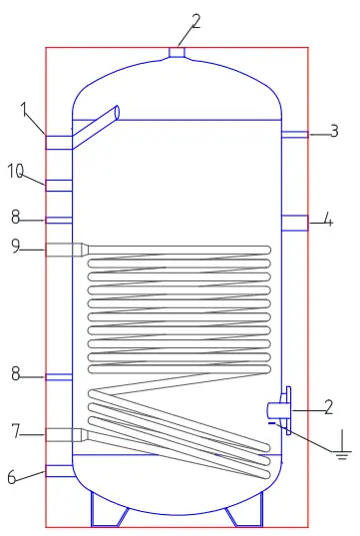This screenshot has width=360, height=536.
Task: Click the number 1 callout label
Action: pyautogui.click(x=24, y=110)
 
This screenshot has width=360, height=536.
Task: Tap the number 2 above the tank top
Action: pyautogui.click(x=195, y=21)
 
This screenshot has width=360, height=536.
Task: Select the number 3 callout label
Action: pyautogui.click(x=334, y=131)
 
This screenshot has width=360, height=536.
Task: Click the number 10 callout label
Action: pyautogui.click(x=16, y=172)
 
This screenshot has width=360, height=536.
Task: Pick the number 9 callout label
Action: pyautogui.click(x=16, y=246)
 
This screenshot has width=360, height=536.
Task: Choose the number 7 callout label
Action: pyautogui.click(x=16, y=431)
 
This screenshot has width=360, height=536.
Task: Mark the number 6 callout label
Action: pyautogui.click(x=12, y=477)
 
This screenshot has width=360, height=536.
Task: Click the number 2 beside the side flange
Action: pyautogui.click(x=329, y=406)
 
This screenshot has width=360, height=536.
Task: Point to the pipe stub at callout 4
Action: pyautogui.click(x=293, y=223)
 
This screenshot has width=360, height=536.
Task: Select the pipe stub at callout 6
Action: pyautogui.click(x=60, y=470)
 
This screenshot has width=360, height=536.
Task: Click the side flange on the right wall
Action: pyautogui.click(x=285, y=410)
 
